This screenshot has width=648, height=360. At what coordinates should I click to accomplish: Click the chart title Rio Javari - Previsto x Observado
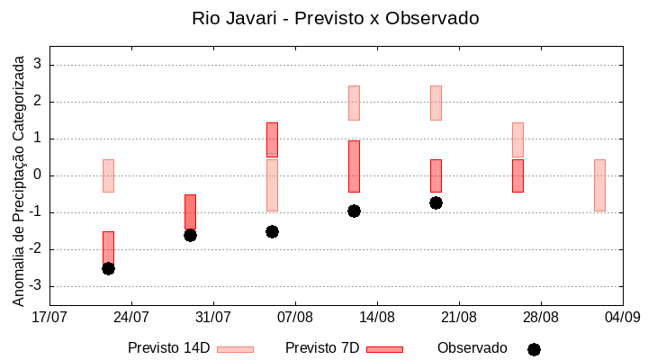coord(335,18)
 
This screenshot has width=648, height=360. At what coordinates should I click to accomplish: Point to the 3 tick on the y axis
coord(38,65)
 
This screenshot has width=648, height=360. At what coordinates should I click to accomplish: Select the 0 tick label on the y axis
coord(38,175)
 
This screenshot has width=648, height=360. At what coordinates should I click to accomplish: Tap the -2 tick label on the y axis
coord(35,249)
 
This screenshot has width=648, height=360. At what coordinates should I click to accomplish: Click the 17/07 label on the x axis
coord(49,317)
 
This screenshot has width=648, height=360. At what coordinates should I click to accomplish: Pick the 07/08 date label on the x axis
coord(295,317)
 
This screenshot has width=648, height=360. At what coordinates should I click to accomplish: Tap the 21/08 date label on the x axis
coord(459,317)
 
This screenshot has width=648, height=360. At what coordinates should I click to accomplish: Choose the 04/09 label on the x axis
coord(622,317)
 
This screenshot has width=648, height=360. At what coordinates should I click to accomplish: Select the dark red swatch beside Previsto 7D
coord(384,349)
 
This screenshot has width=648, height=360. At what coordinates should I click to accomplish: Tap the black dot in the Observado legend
coord(534,349)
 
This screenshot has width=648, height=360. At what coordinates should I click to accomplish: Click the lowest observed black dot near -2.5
coord(108,268)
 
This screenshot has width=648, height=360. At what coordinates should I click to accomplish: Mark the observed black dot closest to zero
coord(436,202)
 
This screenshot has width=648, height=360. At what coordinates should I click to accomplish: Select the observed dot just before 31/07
coord(190,235)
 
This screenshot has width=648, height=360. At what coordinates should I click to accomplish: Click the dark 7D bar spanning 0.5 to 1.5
coord(272,139)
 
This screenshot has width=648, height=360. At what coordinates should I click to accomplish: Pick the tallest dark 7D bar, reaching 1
coord(354,166)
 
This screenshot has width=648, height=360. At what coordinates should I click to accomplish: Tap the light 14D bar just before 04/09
coord(599,185)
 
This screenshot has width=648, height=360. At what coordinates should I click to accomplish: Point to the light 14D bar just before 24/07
coord(108,175)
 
